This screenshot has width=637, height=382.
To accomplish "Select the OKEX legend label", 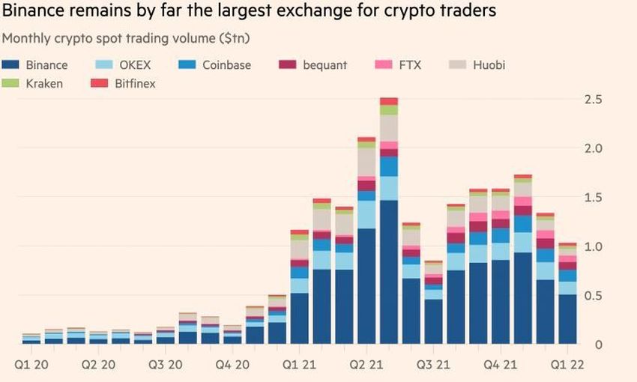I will pos(134,65).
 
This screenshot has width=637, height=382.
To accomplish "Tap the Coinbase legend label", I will pos(227,65).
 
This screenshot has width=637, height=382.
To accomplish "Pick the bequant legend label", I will pos(324,65).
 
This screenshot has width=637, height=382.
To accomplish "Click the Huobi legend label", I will pos(489,65).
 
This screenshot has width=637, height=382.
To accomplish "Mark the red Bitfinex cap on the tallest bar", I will pos(388,101).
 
